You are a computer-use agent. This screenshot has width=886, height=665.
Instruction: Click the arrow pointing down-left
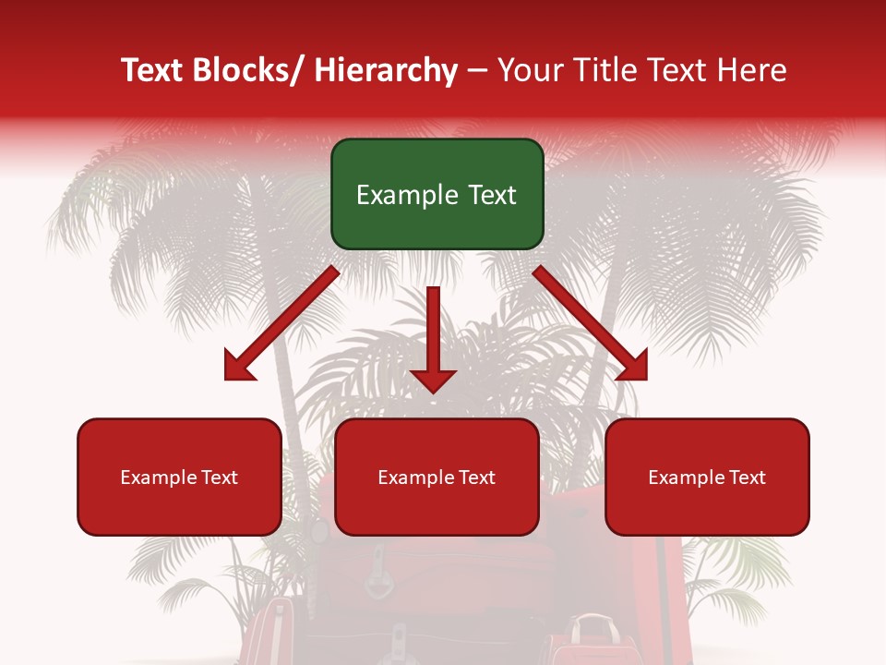pyautogui.click(x=281, y=323)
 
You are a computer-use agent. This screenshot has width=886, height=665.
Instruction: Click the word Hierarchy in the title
pyautogui.click(x=386, y=71)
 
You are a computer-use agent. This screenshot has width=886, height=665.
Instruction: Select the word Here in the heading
pyautogui.click(x=752, y=71)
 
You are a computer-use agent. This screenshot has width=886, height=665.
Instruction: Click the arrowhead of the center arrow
pyautogui.click(x=434, y=379)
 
